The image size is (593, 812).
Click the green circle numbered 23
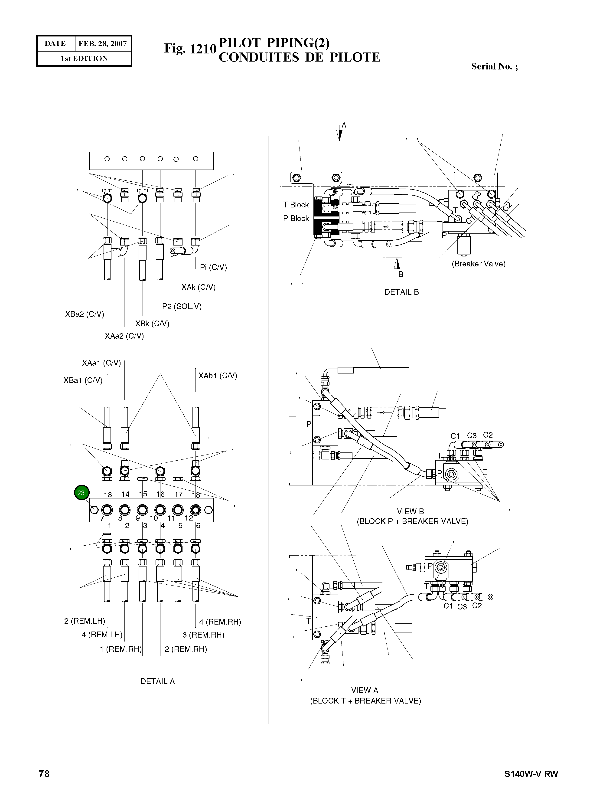pos(81,493)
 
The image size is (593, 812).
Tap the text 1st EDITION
pos(84,59)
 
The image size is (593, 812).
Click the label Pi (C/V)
pos(214,267)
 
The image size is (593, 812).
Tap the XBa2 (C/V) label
pos(84,314)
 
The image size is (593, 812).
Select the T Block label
pos(296,205)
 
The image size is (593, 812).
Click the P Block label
pos(296,218)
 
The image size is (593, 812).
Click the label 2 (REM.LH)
pos(84,621)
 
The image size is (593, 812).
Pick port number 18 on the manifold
pos(196,495)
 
